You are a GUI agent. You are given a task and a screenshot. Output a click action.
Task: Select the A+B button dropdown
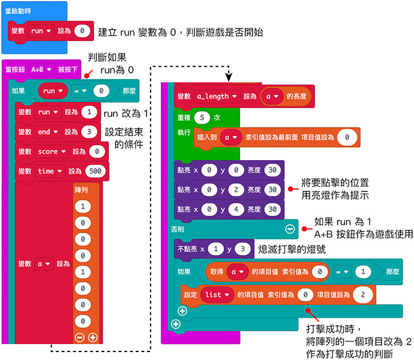tap(42, 69)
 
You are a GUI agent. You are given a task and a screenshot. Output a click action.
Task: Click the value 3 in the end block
tap(88, 132)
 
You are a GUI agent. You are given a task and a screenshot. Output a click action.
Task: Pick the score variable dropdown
tap(52, 151)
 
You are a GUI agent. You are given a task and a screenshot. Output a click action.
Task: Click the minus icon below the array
tap(80, 337)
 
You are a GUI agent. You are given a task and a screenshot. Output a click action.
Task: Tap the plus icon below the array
tap(92, 337)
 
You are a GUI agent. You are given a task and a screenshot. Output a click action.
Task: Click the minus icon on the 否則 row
tap(290, 228)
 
